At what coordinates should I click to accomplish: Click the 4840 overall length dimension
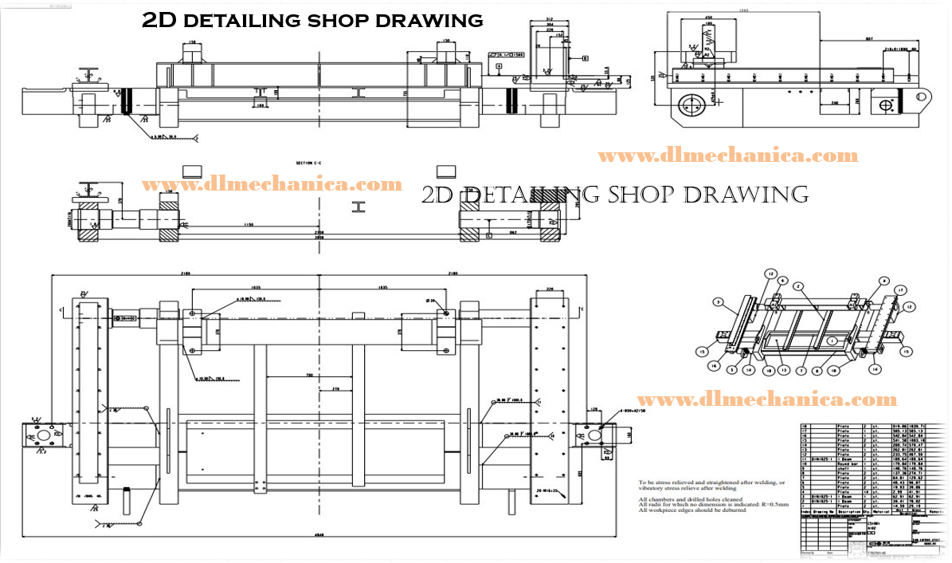319,537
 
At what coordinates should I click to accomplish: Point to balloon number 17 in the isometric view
899,289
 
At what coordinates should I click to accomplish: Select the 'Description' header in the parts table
846,513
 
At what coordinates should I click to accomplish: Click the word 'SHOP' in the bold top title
355,20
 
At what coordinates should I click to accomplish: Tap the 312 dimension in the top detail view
549,19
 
